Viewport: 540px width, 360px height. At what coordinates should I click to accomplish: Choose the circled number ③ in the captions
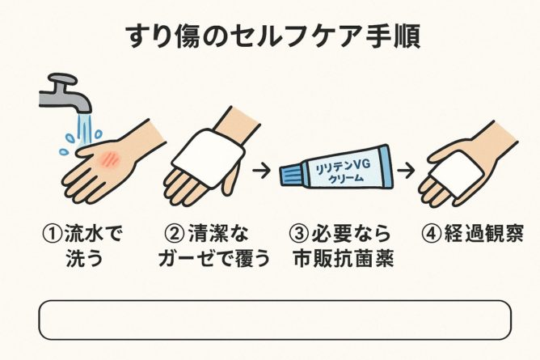point(298,234)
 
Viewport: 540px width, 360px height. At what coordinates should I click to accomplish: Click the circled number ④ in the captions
point(431,234)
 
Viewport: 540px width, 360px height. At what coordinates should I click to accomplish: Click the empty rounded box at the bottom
point(275,320)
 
